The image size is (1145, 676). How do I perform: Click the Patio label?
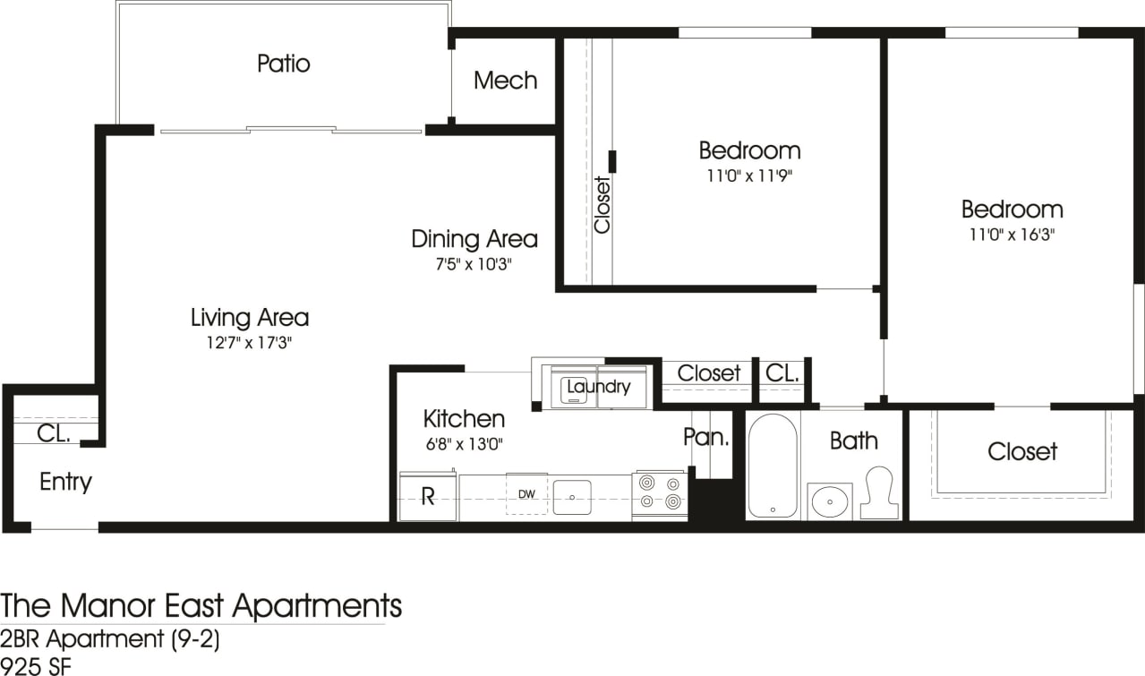pyautogui.click(x=283, y=64)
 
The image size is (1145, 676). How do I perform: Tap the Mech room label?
pyautogui.click(x=505, y=81)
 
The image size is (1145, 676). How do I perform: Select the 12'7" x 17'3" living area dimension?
pyautogui.click(x=249, y=342)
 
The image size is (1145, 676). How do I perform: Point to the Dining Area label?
pyautogui.click(x=474, y=239)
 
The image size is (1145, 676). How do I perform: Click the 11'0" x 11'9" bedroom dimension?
pyautogui.click(x=749, y=175)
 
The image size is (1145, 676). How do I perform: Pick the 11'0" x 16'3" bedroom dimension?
pyautogui.click(x=1012, y=235)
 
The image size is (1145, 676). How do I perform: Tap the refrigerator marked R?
pyautogui.click(x=428, y=497)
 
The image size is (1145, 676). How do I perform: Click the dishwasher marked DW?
pyautogui.click(x=526, y=493)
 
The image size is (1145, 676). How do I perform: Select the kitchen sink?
pyautogui.click(x=572, y=497)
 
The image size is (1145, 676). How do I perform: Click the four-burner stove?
pyautogui.click(x=660, y=494)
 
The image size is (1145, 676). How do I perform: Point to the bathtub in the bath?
pyautogui.click(x=772, y=466)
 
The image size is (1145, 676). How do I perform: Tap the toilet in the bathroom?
pyautogui.click(x=878, y=492)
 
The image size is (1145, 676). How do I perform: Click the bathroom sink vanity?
pyautogui.click(x=830, y=501)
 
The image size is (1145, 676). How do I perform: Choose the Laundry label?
pyautogui.click(x=598, y=388)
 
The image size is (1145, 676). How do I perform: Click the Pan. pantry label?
pyautogui.click(x=705, y=437)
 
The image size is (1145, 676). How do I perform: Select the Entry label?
pyautogui.click(x=65, y=482)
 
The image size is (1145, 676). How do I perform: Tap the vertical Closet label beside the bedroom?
pyautogui.click(x=602, y=205)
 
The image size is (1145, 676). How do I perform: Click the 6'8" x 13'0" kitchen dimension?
pyautogui.click(x=464, y=443)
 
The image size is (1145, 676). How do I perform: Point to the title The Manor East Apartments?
pyautogui.click(x=201, y=606)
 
